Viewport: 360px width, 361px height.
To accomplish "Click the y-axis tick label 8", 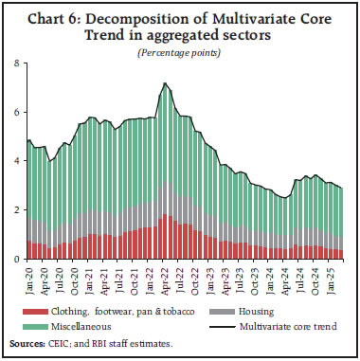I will [15, 63].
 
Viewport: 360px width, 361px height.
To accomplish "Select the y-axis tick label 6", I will [15, 113].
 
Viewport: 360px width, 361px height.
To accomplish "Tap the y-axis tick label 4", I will [15, 161].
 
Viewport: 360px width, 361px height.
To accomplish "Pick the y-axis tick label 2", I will [15, 210].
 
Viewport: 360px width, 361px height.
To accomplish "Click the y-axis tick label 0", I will [15, 259].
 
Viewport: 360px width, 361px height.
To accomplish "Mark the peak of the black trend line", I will [166, 83].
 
